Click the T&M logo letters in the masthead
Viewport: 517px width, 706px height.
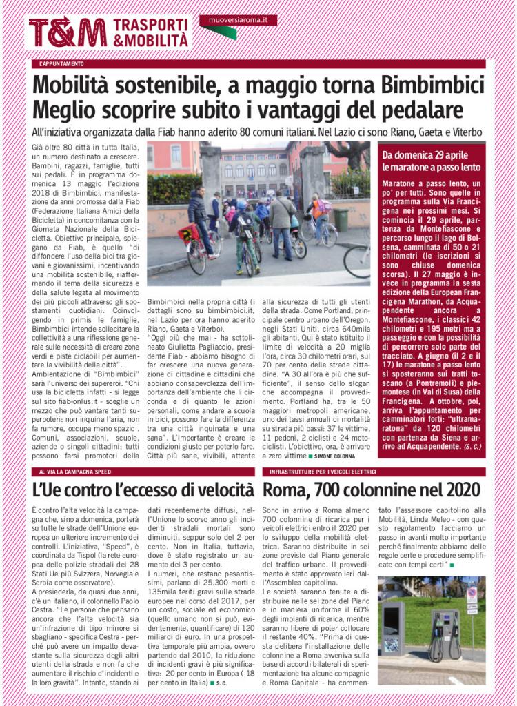(x=67, y=32)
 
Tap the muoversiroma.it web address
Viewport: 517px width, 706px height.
(x=238, y=21)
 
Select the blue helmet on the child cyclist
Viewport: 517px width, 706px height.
(x=241, y=205)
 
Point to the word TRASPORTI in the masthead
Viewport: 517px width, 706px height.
(x=152, y=24)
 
